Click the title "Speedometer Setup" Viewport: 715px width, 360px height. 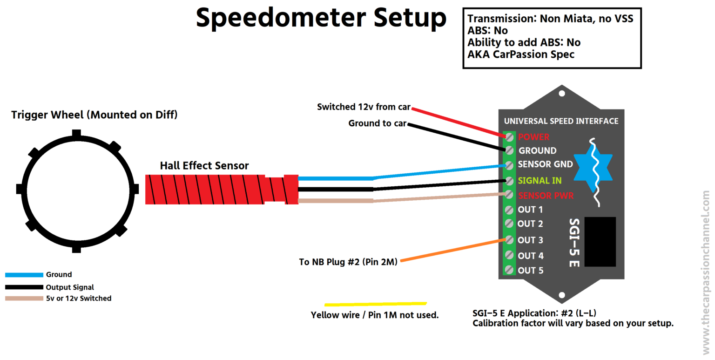tap(321, 19)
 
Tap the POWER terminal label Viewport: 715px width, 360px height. tap(533, 137)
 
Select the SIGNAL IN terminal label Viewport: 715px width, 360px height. tap(540, 180)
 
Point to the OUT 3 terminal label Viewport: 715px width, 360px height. tap(530, 240)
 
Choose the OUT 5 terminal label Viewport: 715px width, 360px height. tap(530, 270)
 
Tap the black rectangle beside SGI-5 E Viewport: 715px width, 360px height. tap(600, 242)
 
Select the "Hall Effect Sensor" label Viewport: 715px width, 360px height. tap(204, 165)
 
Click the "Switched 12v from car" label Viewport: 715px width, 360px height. tap(364, 107)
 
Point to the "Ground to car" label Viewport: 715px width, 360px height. tap(378, 123)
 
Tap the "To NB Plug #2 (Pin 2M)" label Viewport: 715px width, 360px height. tap(348, 262)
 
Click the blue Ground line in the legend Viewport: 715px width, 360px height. tap(24, 275)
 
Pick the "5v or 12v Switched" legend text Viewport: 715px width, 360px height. tap(78, 298)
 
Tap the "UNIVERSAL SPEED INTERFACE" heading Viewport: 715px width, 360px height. tap(561, 121)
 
